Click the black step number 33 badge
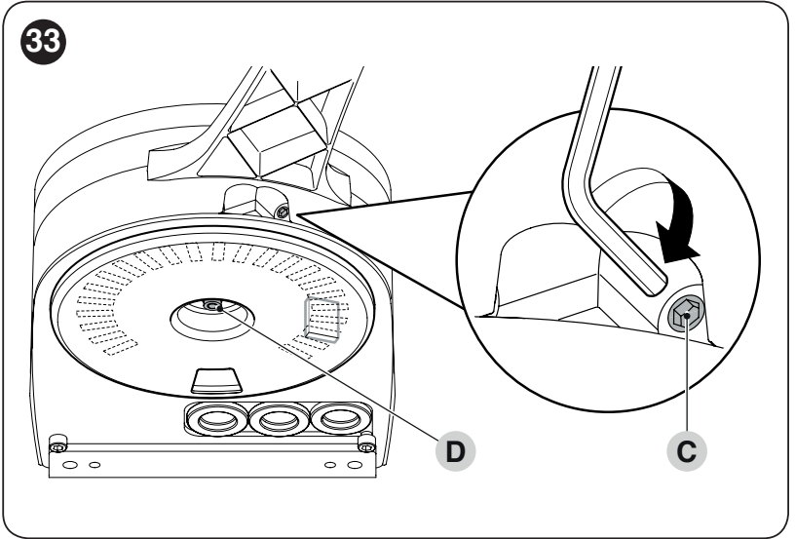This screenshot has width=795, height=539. click(43, 41)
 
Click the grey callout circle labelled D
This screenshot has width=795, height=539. click(455, 450)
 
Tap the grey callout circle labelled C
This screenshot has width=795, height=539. click(687, 450)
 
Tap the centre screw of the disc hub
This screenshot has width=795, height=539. click(212, 306)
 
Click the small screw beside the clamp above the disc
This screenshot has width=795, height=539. click(282, 212)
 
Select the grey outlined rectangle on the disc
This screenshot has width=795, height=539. click(322, 319)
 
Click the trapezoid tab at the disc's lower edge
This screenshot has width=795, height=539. click(215, 381)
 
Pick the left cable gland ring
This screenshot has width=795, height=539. click(216, 419)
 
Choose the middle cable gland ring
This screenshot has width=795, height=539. click(279, 419)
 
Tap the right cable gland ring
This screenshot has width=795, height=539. click(339, 418)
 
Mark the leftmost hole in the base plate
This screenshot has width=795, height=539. click(69, 465)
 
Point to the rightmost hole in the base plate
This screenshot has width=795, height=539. click(355, 464)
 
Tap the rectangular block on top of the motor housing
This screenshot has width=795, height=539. click(278, 142)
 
